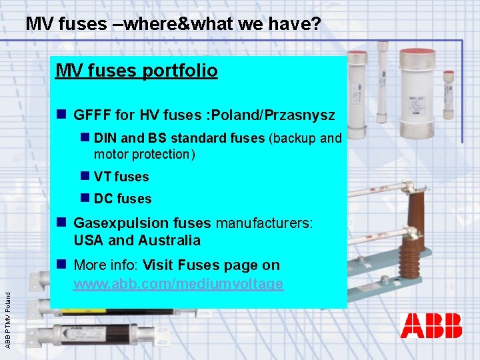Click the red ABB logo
431,327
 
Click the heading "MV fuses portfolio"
137,70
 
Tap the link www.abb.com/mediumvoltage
178,284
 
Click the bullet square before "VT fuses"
85,176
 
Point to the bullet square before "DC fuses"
85,198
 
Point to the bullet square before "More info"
61,265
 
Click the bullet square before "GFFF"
61,115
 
